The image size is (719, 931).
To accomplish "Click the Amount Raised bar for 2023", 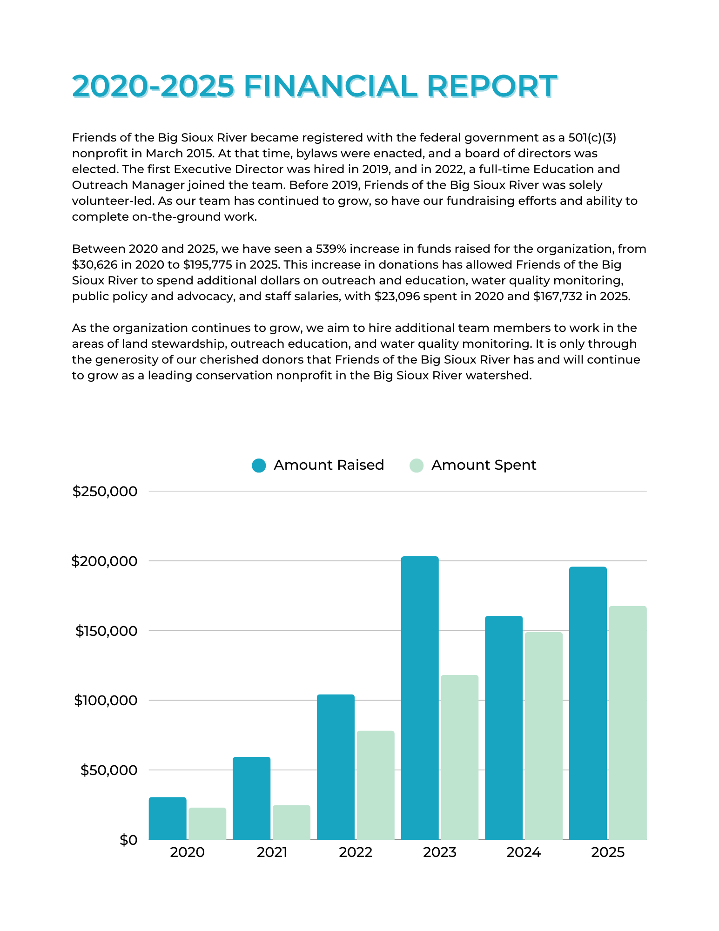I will [x=419, y=698].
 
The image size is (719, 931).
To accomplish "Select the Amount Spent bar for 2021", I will [x=291, y=823].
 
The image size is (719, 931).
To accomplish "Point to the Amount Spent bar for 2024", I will [x=544, y=736].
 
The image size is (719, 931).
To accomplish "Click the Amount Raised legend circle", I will [x=259, y=465].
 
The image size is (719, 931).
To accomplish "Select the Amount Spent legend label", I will [x=484, y=465].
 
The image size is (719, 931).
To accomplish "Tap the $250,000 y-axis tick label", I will [x=105, y=492].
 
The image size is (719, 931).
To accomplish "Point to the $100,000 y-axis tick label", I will [x=106, y=701].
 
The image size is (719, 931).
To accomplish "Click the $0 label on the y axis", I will [x=128, y=840].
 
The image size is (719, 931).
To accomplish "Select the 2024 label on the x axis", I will [x=524, y=852].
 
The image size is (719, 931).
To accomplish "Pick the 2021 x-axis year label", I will [x=272, y=852].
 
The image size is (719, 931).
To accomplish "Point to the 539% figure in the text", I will [x=330, y=249].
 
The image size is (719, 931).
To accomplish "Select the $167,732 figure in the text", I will [x=558, y=297].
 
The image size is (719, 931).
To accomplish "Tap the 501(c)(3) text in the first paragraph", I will [x=592, y=138].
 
